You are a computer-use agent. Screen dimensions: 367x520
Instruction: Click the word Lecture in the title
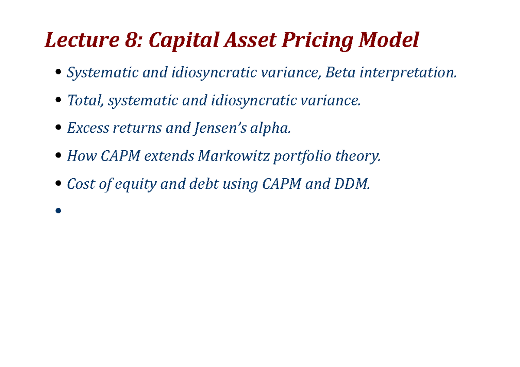[81, 41]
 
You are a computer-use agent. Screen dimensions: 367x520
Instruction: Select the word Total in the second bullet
[85, 100]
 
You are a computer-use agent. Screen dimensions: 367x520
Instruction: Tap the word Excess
[88, 128]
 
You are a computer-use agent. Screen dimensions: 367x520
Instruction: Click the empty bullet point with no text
[58, 211]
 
